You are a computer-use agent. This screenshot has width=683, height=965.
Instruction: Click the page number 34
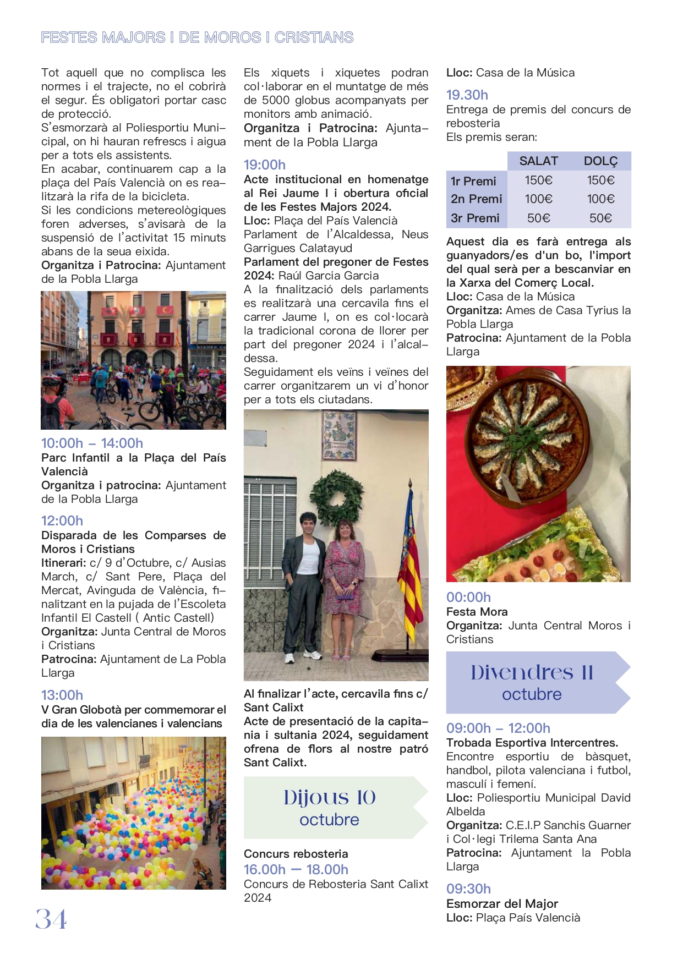coord(51,919)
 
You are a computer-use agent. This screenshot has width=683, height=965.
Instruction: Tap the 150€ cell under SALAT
coord(538,180)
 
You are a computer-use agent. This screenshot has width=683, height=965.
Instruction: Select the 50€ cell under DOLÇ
coord(600,218)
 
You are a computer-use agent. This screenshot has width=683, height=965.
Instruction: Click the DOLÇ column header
coord(600,161)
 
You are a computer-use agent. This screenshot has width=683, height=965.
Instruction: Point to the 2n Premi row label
coord(476,199)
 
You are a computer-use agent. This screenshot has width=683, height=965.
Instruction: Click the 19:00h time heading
coord(265,165)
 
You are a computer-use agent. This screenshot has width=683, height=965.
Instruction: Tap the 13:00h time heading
coord(62,695)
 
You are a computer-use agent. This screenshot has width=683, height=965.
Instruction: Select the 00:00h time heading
coord(468,597)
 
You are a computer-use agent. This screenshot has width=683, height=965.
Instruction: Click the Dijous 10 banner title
coord(330,797)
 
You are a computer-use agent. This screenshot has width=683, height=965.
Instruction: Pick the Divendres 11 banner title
coord(532,672)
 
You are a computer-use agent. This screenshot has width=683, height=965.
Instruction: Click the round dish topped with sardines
coord(527,440)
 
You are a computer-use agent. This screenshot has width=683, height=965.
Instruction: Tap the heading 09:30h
coord(468,889)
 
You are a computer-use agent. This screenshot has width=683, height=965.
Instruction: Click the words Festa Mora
coord(477,611)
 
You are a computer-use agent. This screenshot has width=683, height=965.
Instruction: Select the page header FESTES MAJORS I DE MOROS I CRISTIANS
coord(197,37)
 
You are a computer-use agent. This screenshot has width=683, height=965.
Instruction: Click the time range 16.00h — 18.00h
coord(296,869)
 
